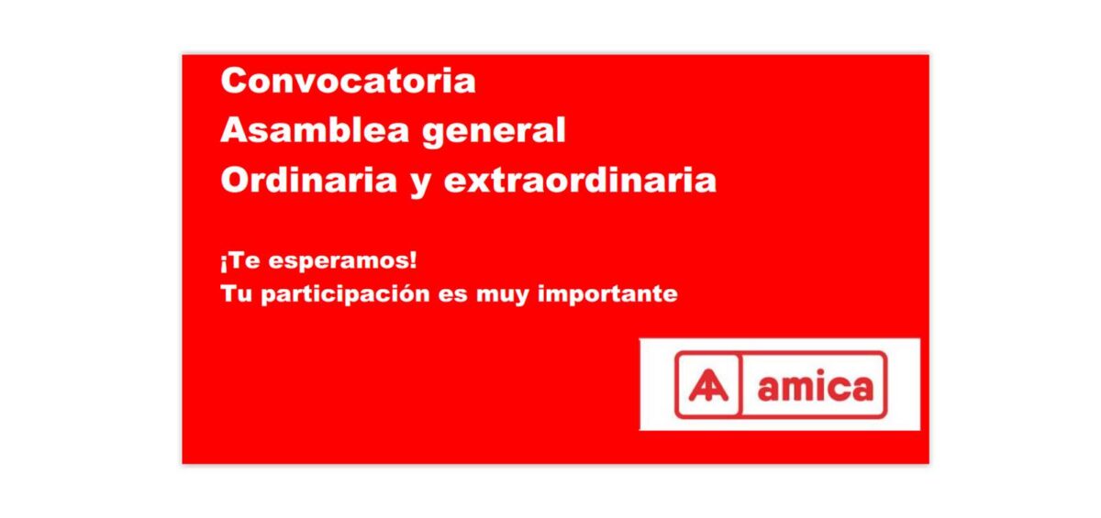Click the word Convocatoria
348,81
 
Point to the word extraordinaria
580,181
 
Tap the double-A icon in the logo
707,386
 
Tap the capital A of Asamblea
234,131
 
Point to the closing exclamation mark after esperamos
413,261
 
